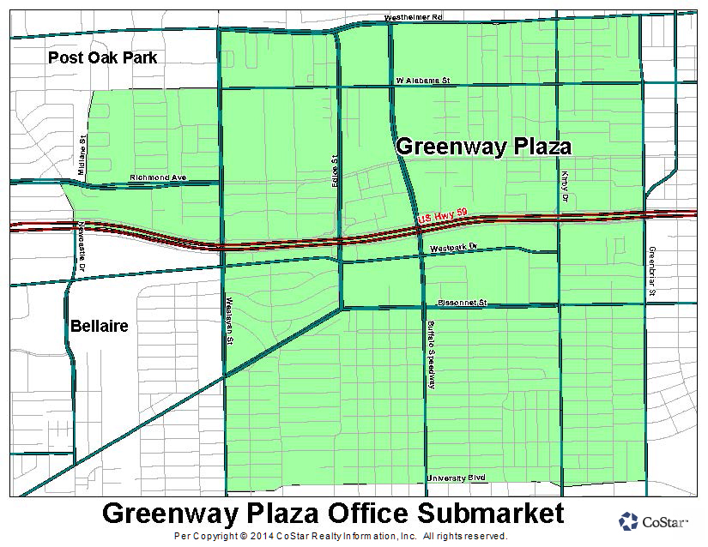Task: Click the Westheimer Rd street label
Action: click(x=413, y=17)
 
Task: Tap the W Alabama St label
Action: click(x=423, y=80)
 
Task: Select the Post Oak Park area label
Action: click(x=103, y=57)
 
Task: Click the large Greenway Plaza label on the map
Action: click(x=483, y=147)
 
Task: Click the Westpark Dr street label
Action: click(x=452, y=249)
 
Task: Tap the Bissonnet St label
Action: click(x=462, y=303)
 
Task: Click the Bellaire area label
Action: click(x=99, y=327)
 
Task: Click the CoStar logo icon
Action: click(x=628, y=521)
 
